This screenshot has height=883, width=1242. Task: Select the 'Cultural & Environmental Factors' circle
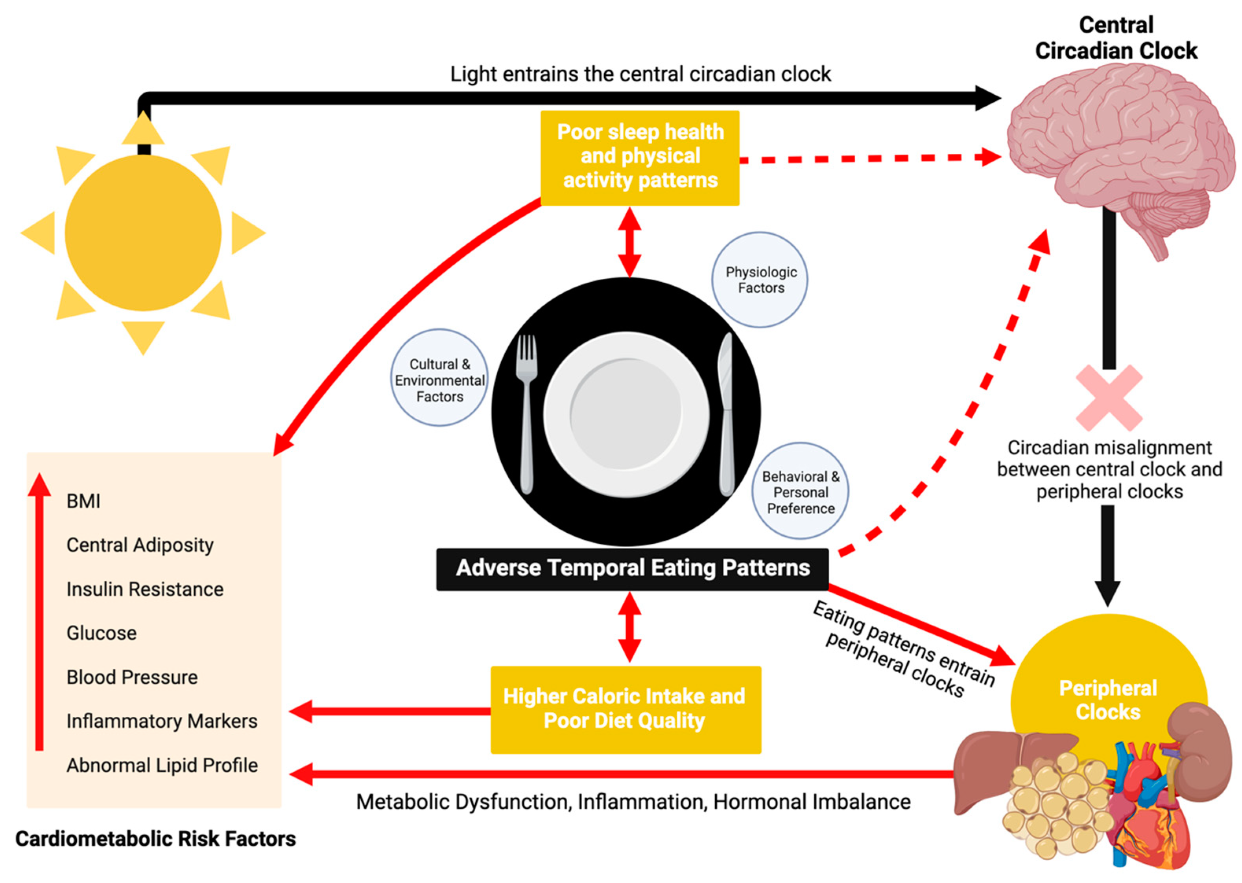tap(439, 378)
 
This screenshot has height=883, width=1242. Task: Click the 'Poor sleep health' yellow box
tap(640, 157)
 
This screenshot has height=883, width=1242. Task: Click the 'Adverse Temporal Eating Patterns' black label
tap(632, 568)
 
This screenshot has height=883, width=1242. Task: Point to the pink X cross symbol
tap(1109, 397)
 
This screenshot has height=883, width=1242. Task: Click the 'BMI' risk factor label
tap(83, 501)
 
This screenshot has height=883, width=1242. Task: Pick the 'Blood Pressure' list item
tap(132, 677)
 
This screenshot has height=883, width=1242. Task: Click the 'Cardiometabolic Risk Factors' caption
tap(155, 839)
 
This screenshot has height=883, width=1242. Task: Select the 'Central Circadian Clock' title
tap(1116, 38)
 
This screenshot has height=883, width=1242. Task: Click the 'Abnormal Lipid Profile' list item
tap(162, 765)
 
